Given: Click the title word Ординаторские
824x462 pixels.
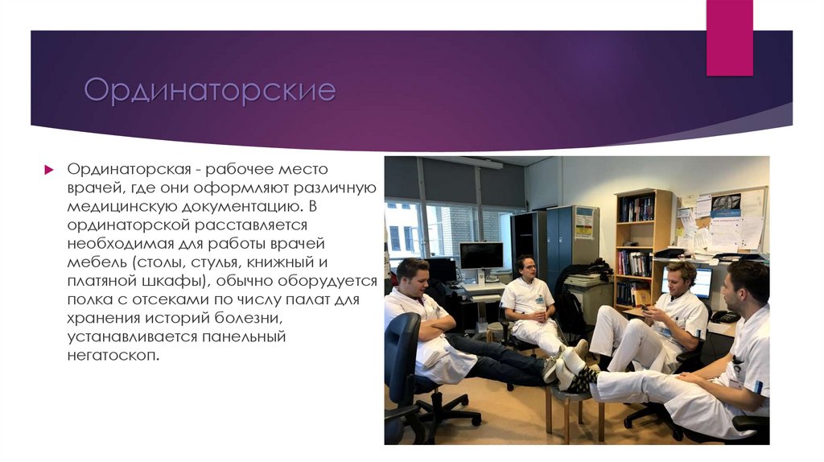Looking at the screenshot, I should pos(209,90).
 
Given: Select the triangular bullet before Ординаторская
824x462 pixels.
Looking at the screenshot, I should pos(48,170).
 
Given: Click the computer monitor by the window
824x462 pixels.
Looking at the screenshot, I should pos(481,256).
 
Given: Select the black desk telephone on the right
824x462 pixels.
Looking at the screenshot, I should pos(724,316).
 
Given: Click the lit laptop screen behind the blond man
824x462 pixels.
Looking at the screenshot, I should pos(702,283).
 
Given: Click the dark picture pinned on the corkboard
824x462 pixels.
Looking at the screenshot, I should pos(725,203).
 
